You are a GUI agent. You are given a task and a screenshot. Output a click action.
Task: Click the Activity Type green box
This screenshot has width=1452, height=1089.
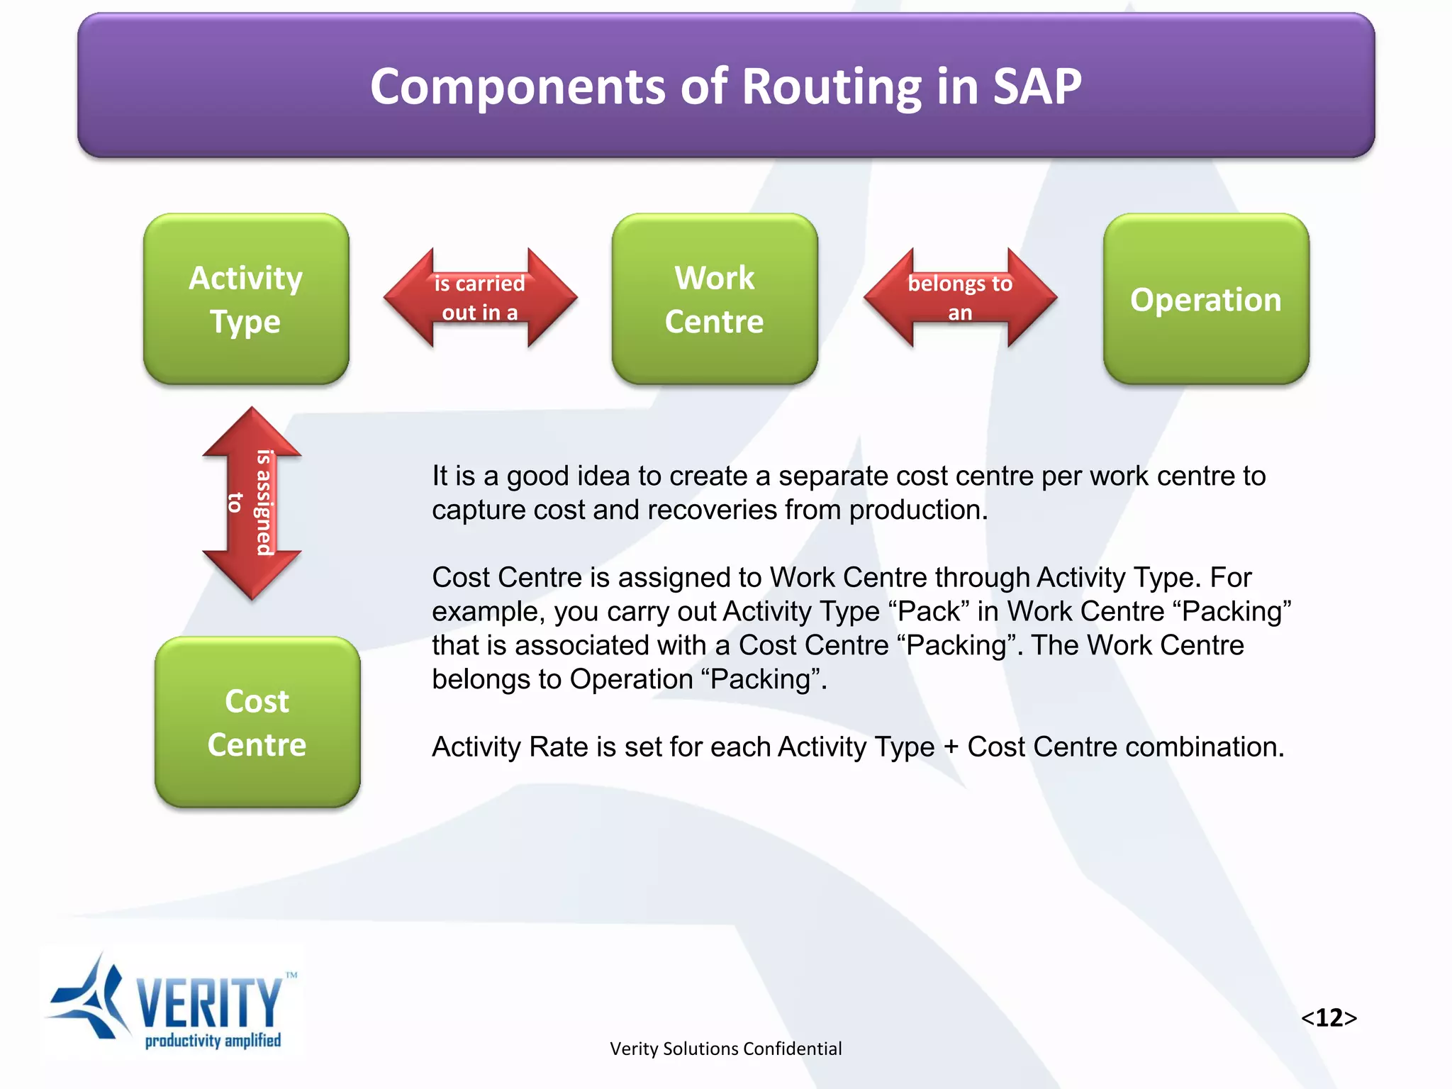tap(246, 299)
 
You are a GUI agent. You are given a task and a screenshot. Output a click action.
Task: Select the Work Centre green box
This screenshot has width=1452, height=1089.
tap(715, 299)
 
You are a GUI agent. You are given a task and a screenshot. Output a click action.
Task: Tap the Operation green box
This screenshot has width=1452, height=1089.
tap(1206, 299)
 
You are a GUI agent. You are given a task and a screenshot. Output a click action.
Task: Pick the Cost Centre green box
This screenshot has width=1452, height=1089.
tap(257, 722)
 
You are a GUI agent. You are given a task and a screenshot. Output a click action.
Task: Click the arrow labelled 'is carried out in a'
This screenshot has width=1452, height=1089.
tap(480, 298)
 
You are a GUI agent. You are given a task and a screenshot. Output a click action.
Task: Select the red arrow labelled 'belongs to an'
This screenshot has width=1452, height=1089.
tap(960, 298)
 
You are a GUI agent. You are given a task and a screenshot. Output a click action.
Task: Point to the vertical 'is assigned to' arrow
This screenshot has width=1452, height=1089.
tap(252, 503)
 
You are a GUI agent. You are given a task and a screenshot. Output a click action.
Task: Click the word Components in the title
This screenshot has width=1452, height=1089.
tap(518, 86)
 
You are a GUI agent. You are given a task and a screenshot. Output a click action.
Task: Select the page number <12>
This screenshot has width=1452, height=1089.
tap(1329, 1017)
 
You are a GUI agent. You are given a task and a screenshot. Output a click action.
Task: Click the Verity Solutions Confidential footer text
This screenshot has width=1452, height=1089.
tap(725, 1049)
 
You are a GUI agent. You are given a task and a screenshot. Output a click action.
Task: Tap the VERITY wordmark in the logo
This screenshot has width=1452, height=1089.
tap(209, 1001)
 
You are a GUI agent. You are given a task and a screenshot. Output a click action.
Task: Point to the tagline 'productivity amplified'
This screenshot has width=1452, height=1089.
tap(213, 1041)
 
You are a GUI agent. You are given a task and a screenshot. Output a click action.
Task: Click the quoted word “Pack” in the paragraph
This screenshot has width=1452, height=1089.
tap(928, 611)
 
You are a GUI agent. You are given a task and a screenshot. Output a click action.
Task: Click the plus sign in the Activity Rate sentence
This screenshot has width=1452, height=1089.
tap(951, 747)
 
